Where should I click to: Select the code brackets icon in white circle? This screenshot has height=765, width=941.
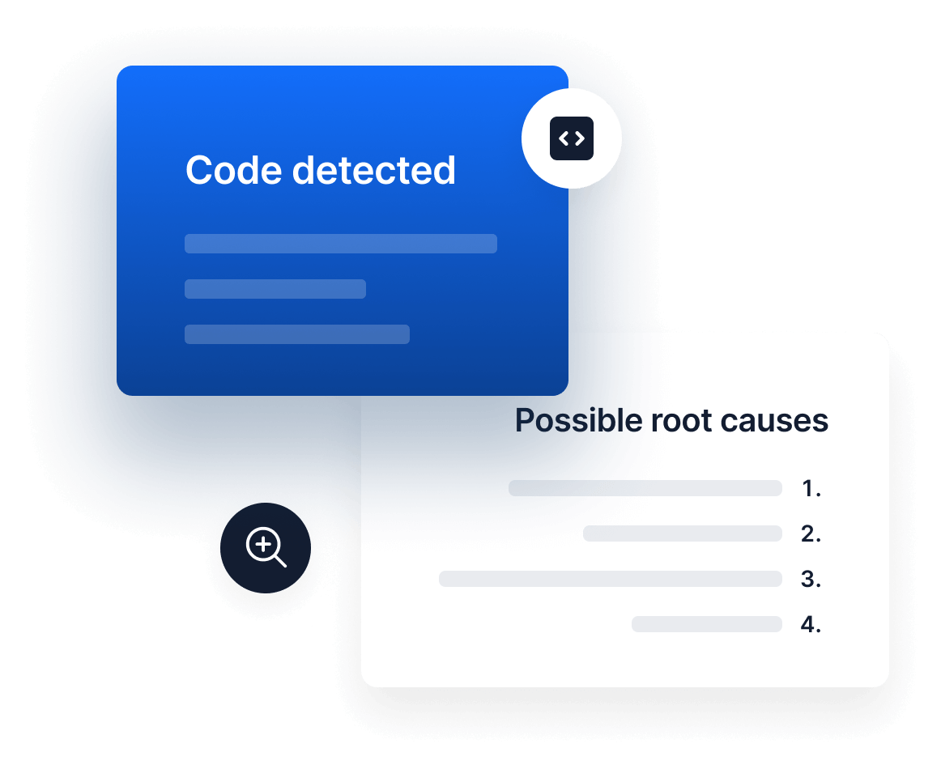pos(572,138)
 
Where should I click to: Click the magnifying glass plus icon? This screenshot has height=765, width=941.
pos(266,548)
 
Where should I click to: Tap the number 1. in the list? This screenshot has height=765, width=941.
pos(811,488)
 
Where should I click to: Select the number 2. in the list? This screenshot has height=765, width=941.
pos(811,533)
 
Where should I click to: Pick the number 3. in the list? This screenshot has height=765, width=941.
pos(811,579)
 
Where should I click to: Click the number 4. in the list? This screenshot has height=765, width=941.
pos(811,624)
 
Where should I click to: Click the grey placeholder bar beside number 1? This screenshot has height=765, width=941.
pos(645,488)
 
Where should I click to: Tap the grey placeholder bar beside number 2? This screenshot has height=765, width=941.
pos(682,533)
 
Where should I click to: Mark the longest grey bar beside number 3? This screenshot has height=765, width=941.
pos(610,579)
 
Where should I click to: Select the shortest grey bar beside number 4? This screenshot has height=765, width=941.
pos(706,624)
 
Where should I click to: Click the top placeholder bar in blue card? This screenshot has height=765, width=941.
pos(340,244)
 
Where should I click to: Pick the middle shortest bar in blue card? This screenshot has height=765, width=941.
pos(275,289)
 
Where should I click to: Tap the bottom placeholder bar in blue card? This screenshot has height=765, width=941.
pos(296,334)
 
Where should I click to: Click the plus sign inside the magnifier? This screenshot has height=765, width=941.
pos(262,545)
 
